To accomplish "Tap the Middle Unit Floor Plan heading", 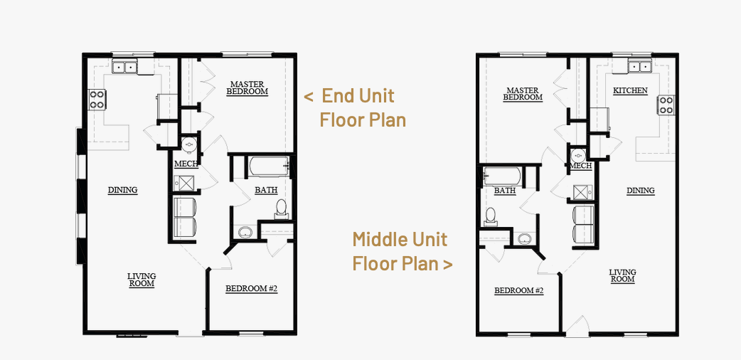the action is click(403, 251).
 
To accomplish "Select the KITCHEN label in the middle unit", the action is click(630, 90).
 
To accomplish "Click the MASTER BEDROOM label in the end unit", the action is click(247, 88).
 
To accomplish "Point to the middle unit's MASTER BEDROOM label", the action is click(523, 94).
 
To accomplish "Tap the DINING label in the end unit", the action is click(122, 190).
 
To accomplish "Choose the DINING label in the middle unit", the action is click(640, 191).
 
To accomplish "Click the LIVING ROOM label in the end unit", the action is click(142, 280).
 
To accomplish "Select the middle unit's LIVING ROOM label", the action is click(622, 276).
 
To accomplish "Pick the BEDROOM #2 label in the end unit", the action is click(252, 289).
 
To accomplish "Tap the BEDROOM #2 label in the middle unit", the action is click(519, 291).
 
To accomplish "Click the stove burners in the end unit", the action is click(97, 100).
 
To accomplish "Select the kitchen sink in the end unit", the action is click(124, 67).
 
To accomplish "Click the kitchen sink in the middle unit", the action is click(640, 67).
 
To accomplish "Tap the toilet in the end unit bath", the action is click(281, 209).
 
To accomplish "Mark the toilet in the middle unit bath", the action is click(491, 217).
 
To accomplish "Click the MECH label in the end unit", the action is click(186, 164).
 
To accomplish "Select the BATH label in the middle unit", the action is click(505, 191).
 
